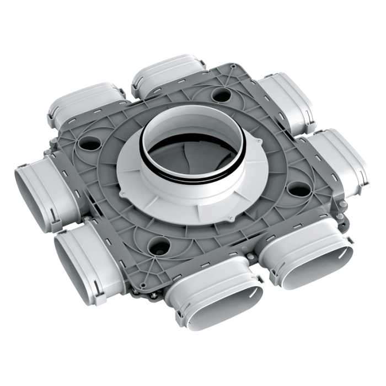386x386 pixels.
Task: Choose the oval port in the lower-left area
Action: [x=83, y=251]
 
